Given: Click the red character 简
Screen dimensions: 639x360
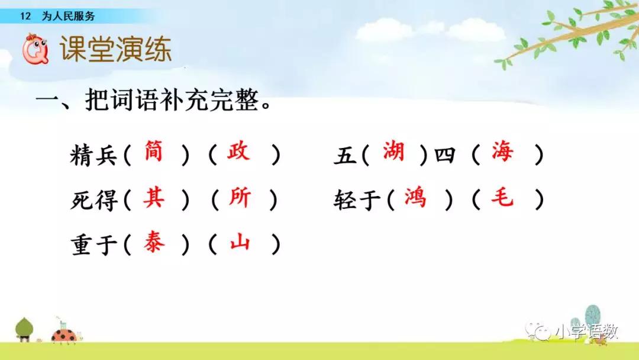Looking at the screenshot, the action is pos(154,151).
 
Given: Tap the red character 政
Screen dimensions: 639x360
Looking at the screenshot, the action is pos(238,151).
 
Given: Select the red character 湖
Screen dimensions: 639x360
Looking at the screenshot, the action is pos(393,151).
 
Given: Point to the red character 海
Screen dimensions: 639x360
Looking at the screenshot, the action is pos(502,151).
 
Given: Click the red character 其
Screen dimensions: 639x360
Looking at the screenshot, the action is pos(154,198).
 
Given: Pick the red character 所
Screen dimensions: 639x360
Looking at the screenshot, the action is pos(240,198).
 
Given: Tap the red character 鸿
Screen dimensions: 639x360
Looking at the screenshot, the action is pos(415,198).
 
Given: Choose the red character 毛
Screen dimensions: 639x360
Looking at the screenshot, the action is pos(502,198).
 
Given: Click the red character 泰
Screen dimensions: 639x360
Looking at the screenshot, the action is pos(154,242).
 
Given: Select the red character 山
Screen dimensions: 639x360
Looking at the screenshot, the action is pos(240,242).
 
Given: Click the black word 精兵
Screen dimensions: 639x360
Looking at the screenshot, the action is pos(93,155).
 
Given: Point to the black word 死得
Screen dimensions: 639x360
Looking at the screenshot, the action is pos(94,200).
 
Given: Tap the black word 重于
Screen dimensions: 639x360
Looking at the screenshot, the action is pos(94,245).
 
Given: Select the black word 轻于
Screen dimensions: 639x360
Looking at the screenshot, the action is pos(357,200).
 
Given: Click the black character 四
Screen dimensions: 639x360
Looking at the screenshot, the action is pos(444,155).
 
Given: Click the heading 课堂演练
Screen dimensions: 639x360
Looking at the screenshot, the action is pos(115,49).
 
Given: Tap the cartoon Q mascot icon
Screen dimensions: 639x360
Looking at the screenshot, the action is pos(35,49).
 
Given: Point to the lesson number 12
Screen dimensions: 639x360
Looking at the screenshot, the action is pos(25,17).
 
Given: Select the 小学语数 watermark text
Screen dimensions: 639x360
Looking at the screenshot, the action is pos(588,332).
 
